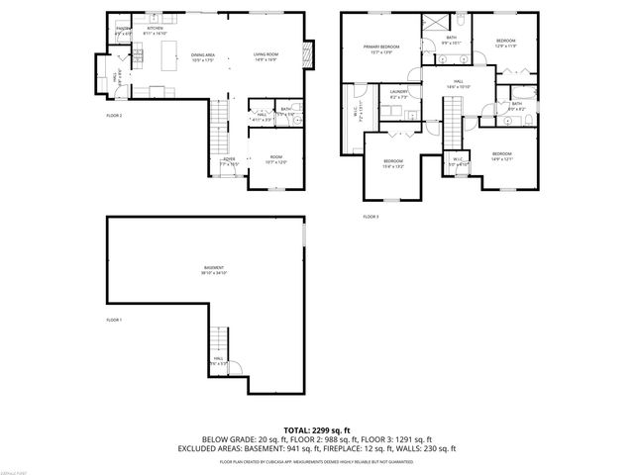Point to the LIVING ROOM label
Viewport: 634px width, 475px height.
265,56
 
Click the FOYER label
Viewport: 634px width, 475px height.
228,158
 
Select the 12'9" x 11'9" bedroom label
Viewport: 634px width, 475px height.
506,42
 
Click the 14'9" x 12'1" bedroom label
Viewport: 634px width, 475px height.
501,155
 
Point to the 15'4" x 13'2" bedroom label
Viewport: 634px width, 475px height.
393,163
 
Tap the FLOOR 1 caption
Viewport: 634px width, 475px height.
114,320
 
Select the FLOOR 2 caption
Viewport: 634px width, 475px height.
114,116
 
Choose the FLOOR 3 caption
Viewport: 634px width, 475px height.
370,216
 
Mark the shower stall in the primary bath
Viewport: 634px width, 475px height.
434,24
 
